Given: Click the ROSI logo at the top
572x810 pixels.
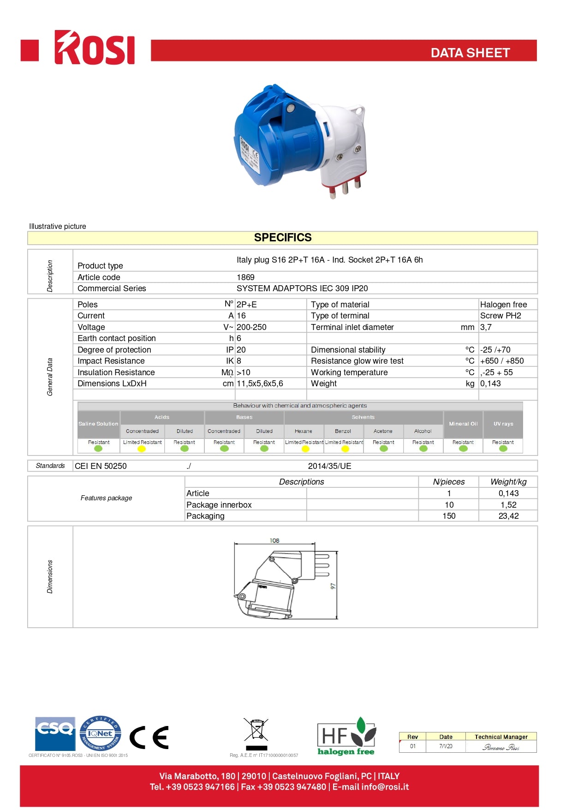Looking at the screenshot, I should click(x=95, y=48).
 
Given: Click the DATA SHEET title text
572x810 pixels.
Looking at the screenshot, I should click(x=470, y=53).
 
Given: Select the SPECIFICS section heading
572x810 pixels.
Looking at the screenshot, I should click(x=283, y=238).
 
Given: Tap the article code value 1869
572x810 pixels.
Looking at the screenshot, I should click(x=245, y=277).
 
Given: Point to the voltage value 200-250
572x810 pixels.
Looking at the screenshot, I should click(x=251, y=327).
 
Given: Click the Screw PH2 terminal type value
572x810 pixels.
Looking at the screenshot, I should click(x=500, y=316).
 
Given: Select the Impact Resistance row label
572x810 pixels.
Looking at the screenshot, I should click(x=111, y=361).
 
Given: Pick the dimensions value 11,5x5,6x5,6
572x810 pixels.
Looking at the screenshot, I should click(x=260, y=384).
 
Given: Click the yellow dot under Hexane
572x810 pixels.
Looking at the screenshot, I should click(x=305, y=449).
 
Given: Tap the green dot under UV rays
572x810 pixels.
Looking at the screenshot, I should click(x=503, y=449).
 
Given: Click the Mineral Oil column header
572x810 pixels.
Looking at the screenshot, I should click(x=463, y=424).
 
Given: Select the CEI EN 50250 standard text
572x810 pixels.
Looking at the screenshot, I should click(x=101, y=466).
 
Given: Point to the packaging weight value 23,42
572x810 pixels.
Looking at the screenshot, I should click(x=508, y=516).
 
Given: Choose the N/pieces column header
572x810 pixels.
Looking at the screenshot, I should click(x=449, y=482).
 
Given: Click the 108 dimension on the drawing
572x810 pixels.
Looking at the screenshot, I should click(x=274, y=540).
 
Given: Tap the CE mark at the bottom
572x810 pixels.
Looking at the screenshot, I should click(x=149, y=737).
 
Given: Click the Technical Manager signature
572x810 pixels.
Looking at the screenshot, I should click(x=501, y=747).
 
